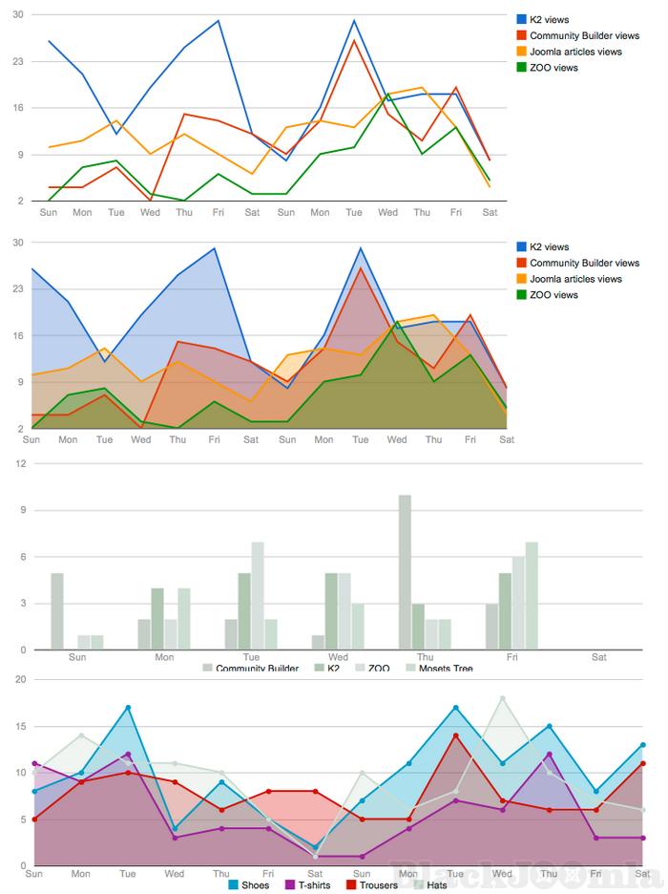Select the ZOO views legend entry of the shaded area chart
553,295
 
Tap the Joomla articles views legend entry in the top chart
575,52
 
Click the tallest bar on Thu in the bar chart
405,572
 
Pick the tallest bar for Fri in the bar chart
532,596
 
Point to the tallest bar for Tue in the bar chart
258,596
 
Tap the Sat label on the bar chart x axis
599,657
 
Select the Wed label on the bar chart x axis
338,657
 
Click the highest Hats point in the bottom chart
502,698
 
